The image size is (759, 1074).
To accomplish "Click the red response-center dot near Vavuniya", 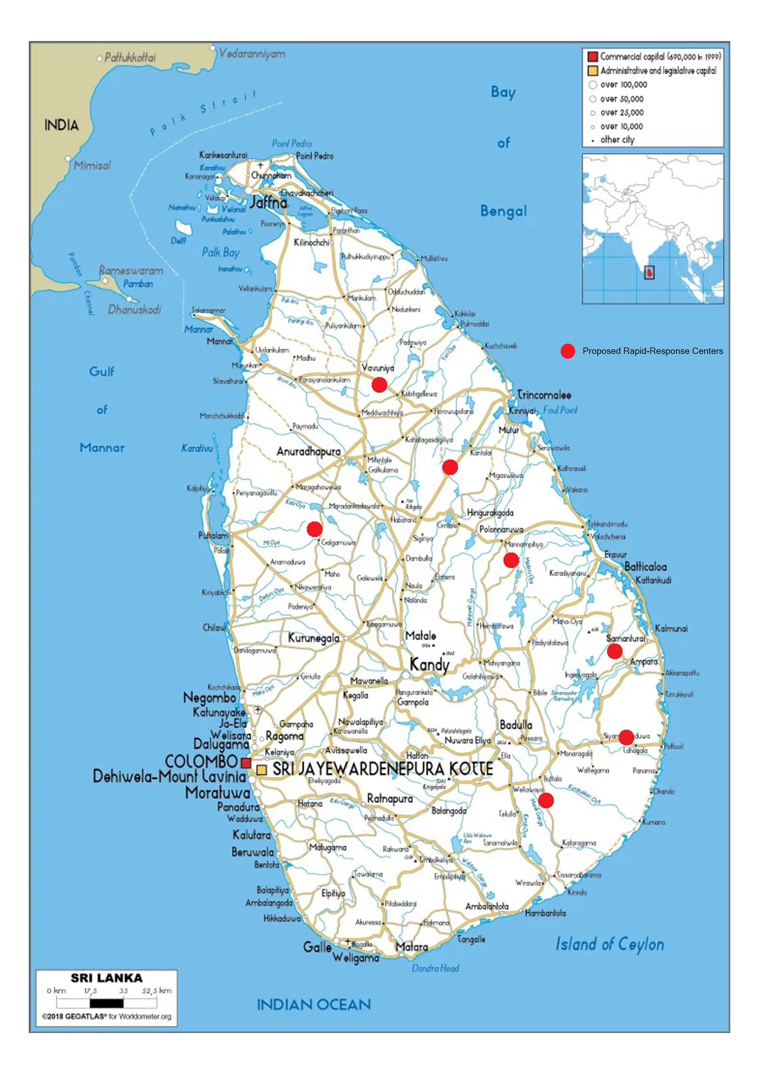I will [379, 385].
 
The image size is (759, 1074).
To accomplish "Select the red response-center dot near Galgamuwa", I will [314, 529].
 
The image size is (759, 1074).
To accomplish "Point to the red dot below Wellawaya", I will [546, 800].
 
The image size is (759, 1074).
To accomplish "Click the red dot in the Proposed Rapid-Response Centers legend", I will [568, 351].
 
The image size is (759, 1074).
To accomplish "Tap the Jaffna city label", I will [268, 203].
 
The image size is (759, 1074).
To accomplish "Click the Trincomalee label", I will [544, 395].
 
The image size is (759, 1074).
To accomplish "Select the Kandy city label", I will [429, 664].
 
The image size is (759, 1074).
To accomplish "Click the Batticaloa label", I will [645, 566].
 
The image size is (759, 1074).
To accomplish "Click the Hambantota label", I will [545, 913].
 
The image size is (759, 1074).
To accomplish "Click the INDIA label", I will [61, 125].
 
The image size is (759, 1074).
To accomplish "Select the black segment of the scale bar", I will [106, 1003].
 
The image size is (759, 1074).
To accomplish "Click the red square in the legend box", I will [593, 57].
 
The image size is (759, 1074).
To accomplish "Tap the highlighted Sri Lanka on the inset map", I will [649, 272].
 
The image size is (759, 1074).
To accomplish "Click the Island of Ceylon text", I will [609, 944].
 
